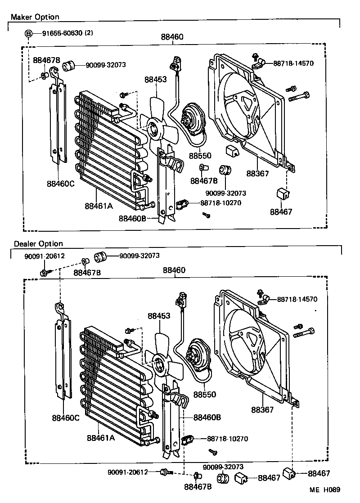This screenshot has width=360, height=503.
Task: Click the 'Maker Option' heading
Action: click(35, 17)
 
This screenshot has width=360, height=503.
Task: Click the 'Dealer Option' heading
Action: click(38, 243)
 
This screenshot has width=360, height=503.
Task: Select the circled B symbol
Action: click(28, 33)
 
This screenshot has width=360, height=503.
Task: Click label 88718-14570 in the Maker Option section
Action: click(293, 63)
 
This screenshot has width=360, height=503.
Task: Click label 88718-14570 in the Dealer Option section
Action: click(297, 299)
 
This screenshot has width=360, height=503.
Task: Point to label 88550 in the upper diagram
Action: click(200, 156)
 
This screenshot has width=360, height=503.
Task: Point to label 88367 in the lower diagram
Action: click(262, 410)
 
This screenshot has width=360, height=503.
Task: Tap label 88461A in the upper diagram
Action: click(99, 206)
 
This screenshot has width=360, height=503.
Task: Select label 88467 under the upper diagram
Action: click(281, 211)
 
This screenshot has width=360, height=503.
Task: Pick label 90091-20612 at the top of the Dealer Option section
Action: click(44, 256)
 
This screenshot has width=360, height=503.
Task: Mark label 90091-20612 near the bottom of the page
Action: click(127, 472)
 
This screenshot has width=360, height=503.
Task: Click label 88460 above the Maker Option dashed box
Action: click(172, 37)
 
